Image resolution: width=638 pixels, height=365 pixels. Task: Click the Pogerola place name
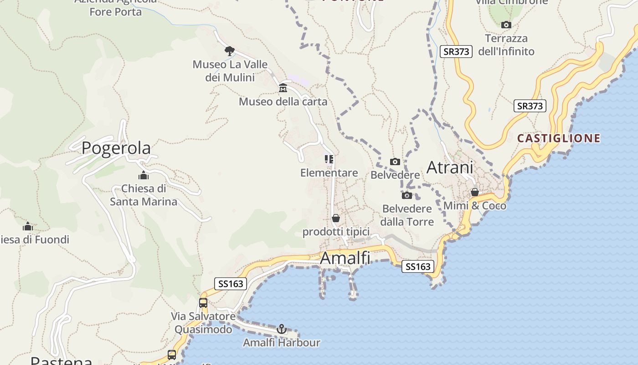pyautogui.click(x=116, y=148)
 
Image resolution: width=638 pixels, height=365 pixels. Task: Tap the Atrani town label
pyautogui.click(x=450, y=167)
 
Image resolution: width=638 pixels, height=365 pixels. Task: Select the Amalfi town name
pyautogui.click(x=345, y=258)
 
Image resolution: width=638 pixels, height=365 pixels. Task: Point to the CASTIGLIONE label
pyautogui.click(x=559, y=138)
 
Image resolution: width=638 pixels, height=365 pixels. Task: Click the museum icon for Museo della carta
pyautogui.click(x=283, y=88)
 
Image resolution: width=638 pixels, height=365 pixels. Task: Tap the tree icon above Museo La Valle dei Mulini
pyautogui.click(x=230, y=51)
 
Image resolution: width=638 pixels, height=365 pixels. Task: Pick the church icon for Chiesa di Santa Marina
pyautogui.click(x=144, y=175)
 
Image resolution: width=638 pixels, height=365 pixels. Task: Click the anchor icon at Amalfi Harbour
pyautogui.click(x=282, y=328)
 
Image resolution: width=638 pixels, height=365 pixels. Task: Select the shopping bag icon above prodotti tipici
pyautogui.click(x=336, y=218)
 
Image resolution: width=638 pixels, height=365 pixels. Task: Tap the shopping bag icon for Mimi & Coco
pyautogui.click(x=475, y=192)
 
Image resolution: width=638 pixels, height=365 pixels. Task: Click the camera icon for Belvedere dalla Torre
pyautogui.click(x=406, y=195)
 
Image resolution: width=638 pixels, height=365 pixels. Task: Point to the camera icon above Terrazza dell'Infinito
pyautogui.click(x=506, y=25)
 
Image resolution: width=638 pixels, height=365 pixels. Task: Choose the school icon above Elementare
pyautogui.click(x=329, y=159)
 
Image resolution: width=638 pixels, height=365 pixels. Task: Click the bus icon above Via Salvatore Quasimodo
pyautogui.click(x=203, y=302)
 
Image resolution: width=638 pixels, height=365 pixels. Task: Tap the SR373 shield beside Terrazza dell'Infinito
pyautogui.click(x=456, y=52)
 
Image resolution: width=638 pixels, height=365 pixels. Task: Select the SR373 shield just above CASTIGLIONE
pyautogui.click(x=530, y=106)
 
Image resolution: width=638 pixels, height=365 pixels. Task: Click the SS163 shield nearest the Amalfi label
pyautogui.click(x=417, y=266)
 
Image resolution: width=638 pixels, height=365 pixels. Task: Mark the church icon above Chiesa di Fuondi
pyautogui.click(x=28, y=226)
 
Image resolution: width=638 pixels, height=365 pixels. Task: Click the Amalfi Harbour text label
pyautogui.click(x=281, y=343)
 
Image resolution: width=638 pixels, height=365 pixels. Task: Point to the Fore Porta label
pyautogui.click(x=115, y=12)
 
